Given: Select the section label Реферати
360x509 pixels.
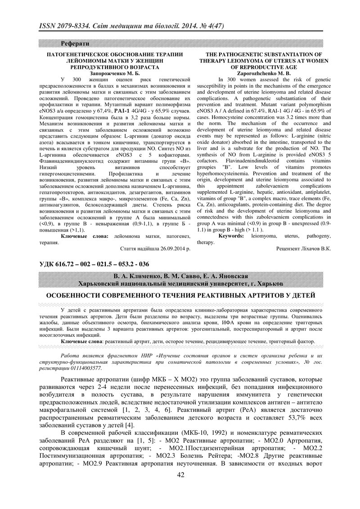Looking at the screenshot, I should [75, 44].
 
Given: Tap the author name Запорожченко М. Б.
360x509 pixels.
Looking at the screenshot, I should [109, 72].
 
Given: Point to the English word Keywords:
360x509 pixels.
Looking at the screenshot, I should [232, 236].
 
